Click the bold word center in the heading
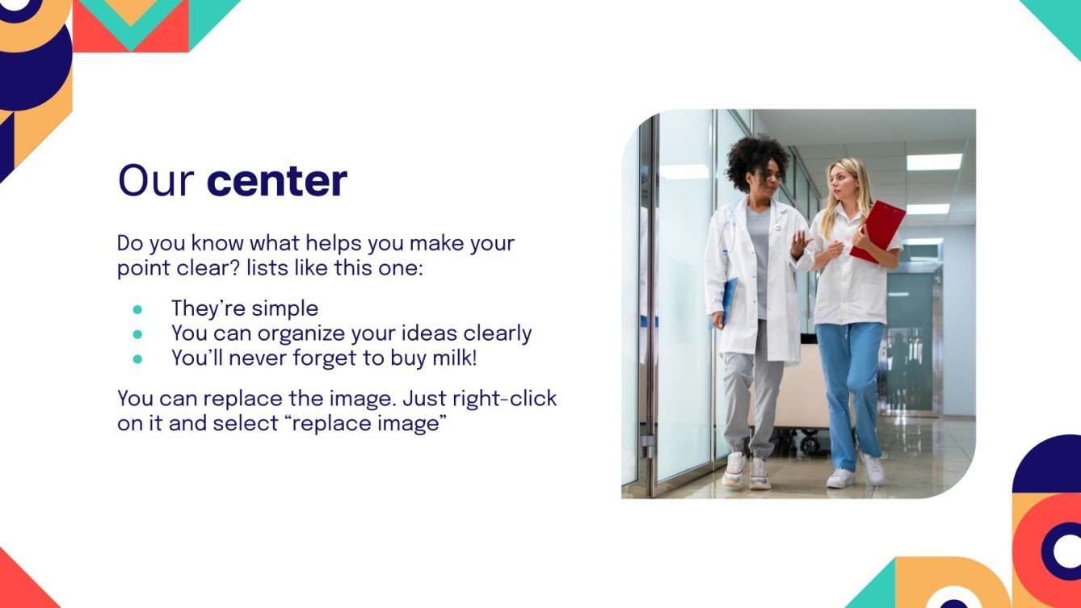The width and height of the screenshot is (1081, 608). (277, 181)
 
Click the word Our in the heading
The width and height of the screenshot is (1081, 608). (156, 180)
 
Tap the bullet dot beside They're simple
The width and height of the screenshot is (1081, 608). (137, 309)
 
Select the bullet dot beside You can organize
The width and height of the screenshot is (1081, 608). (137, 333)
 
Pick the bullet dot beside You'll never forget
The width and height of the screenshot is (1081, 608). (137, 359)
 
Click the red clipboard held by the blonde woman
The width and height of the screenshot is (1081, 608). (878, 232)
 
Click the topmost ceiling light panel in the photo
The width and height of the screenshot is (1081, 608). (934, 162)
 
